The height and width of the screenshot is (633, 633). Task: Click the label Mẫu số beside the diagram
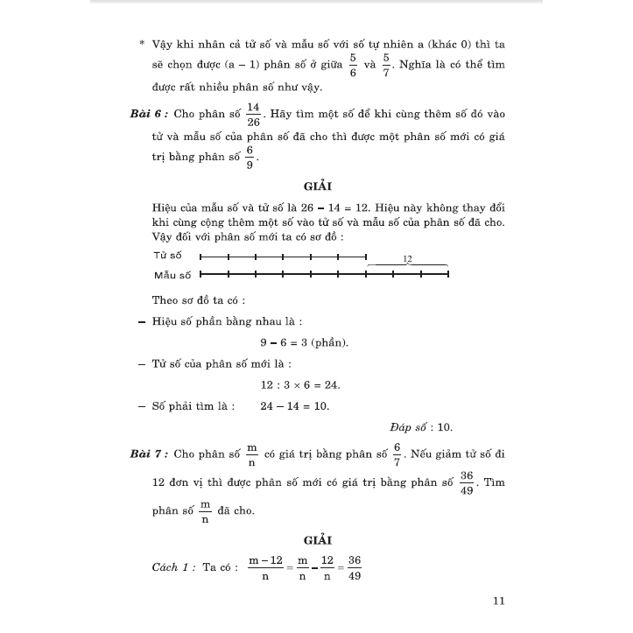[172, 275]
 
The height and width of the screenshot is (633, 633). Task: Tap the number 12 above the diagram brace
[407, 259]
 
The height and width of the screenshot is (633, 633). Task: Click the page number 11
[499, 601]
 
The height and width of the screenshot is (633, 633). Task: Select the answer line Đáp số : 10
[421, 427]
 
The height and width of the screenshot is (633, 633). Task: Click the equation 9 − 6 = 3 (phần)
[298, 342]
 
